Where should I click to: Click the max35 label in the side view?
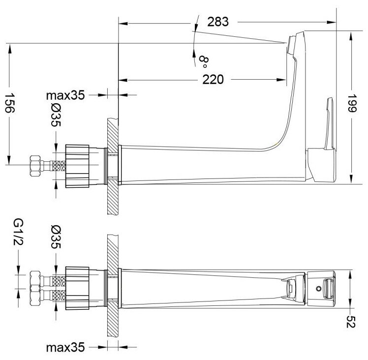(66, 95)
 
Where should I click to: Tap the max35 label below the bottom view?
(66, 348)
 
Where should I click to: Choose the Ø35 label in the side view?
(55, 117)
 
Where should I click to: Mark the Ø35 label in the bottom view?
(55, 237)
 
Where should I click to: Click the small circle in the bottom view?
(318, 288)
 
